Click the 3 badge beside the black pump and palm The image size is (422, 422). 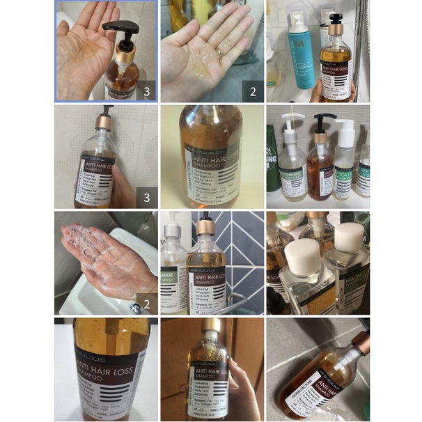click(146, 91)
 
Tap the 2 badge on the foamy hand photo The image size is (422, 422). click(146, 303)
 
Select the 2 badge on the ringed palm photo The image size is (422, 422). click(253, 91)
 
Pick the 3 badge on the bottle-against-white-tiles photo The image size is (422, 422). click(146, 197)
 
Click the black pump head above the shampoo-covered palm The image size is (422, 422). click(118, 29)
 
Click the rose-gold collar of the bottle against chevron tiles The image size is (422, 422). click(205, 227)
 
